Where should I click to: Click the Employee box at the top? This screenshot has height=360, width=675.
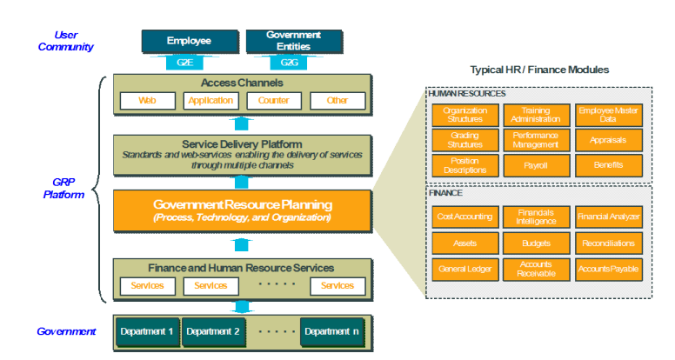[189, 40]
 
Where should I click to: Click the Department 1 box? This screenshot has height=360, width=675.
[145, 331]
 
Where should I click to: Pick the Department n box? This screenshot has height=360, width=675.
[332, 331]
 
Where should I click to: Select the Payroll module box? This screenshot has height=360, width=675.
[536, 165]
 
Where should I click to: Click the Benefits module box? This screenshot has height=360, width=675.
[608, 165]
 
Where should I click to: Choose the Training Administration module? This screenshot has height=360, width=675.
[536, 116]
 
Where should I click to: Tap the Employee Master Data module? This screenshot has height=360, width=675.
[608, 116]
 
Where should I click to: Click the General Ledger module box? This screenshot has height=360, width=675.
[464, 270]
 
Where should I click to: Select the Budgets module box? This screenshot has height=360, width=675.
[536, 243]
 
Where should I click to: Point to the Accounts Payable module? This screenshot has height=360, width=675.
[608, 270]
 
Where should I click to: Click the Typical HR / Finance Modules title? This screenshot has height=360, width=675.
[539, 69]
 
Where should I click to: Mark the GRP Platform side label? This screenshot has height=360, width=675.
[66, 189]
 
